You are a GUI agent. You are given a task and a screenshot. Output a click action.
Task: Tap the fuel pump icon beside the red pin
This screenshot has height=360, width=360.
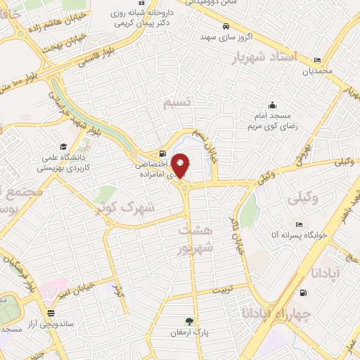coord(163,154)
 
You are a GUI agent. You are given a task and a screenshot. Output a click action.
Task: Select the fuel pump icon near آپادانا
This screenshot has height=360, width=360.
coord(303,293)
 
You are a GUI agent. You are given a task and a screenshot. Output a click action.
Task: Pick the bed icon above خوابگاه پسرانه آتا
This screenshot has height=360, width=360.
coord(300,225)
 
